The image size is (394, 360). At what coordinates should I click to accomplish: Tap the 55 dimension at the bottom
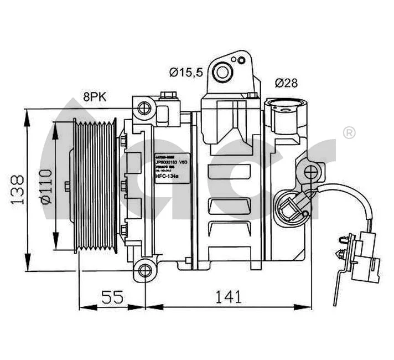tap(112, 297)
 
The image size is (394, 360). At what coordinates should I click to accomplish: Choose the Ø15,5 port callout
tap(186, 71)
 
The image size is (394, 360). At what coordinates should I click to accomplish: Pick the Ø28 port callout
tap(286, 83)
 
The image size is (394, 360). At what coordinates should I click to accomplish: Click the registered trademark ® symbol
tap(349, 132)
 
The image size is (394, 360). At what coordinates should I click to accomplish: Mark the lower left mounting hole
tap(145, 270)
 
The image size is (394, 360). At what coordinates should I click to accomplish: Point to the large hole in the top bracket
tap(224, 71)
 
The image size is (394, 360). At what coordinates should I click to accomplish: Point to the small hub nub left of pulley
tap(67, 187)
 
